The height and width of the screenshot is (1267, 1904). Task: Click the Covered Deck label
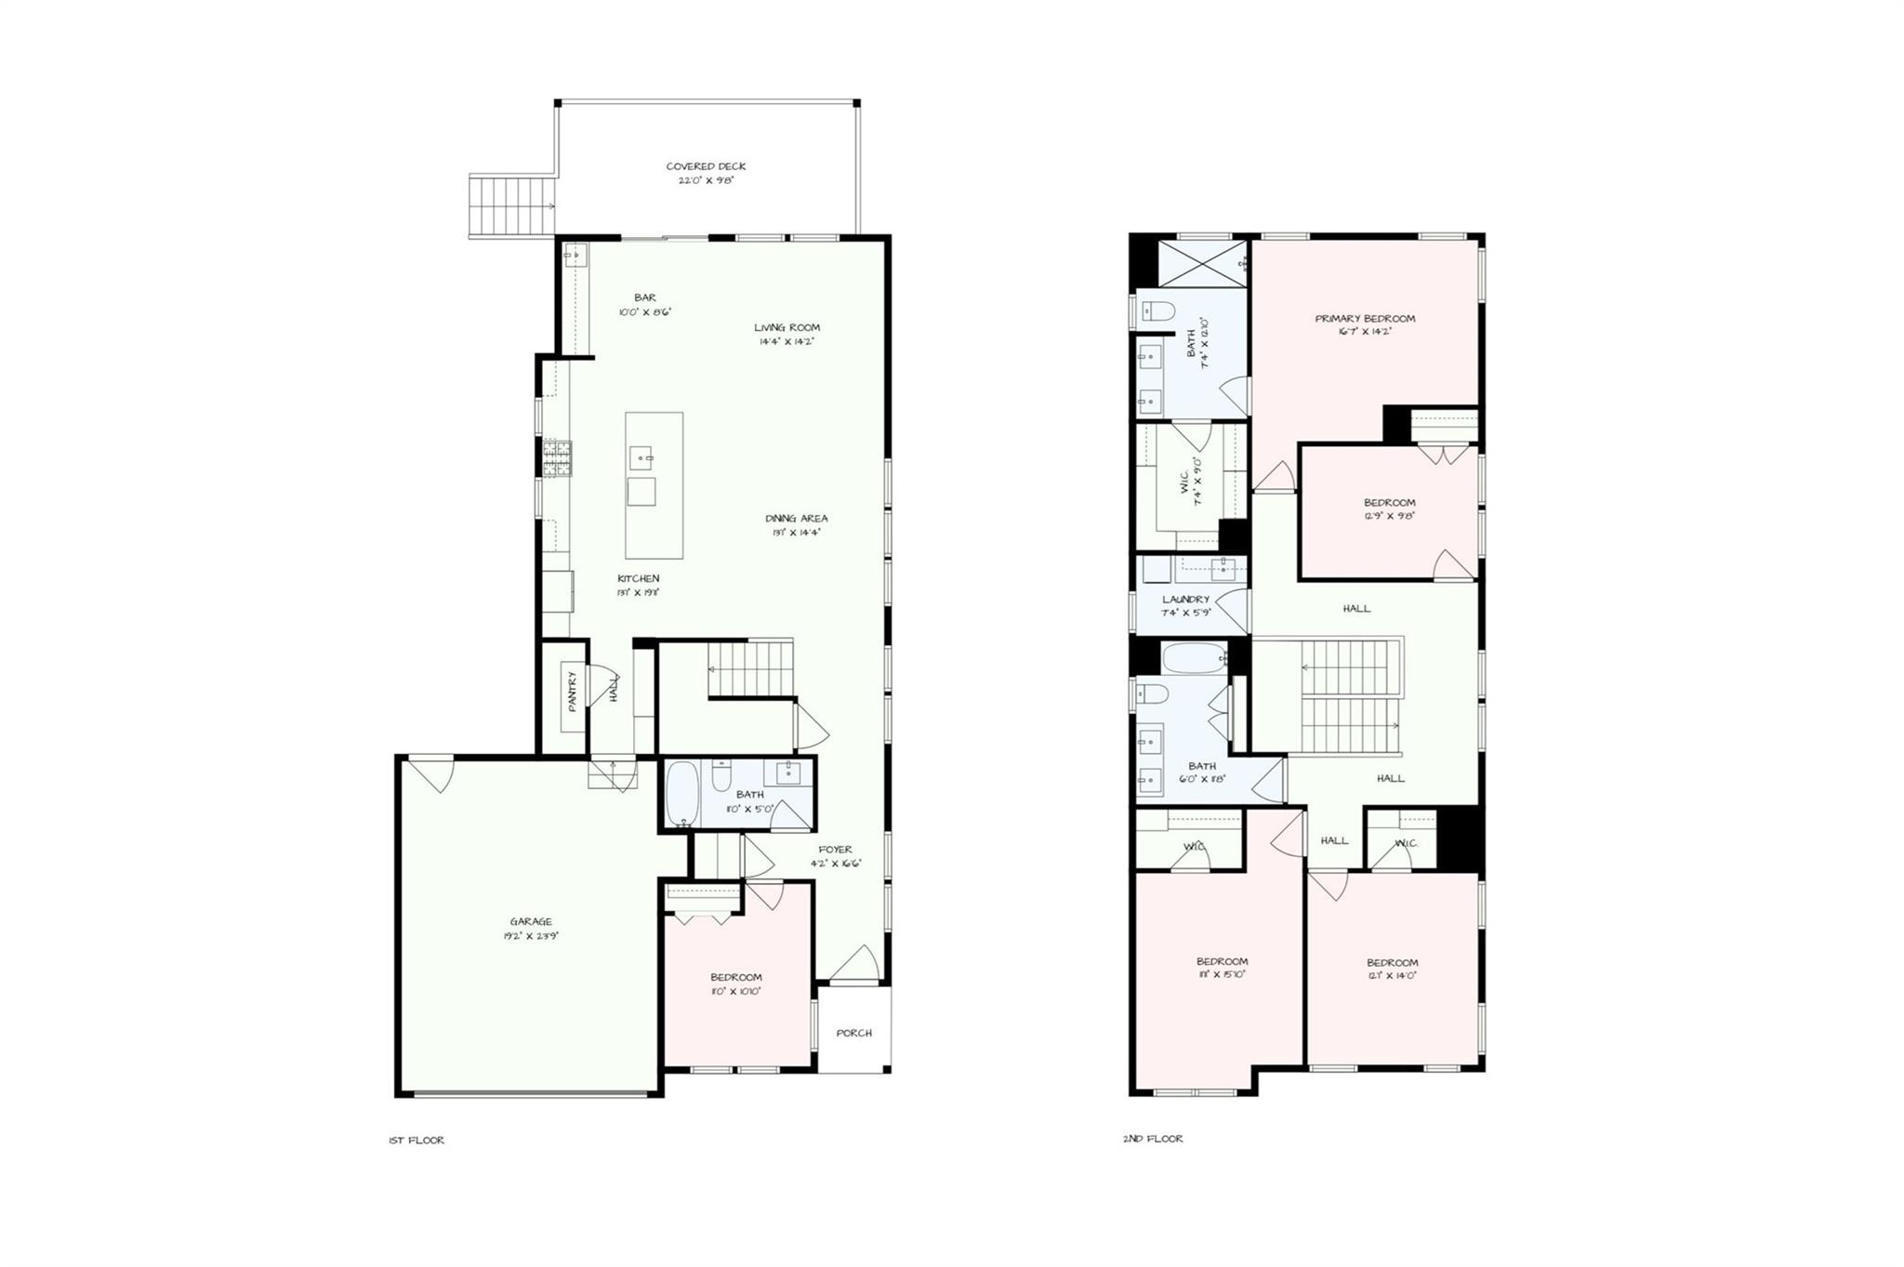click(706, 167)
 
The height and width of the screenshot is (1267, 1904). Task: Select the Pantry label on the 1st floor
click(573, 691)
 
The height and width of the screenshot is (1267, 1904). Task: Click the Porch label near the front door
click(853, 1033)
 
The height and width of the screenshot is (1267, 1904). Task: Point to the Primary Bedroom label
click(1365, 319)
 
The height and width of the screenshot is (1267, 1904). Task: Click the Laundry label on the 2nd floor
click(1185, 600)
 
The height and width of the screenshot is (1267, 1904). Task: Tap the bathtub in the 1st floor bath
click(683, 794)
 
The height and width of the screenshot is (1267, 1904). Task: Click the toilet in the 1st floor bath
click(721, 775)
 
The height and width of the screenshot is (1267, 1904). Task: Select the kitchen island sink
click(642, 458)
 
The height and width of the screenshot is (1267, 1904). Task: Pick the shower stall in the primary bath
click(1201, 264)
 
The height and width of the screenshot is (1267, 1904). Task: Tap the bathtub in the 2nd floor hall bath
click(1194, 658)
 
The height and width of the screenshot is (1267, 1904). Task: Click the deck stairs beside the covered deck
click(511, 205)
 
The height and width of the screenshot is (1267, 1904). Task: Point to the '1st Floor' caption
click(416, 1141)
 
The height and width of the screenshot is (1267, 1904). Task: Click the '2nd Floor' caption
click(1153, 1139)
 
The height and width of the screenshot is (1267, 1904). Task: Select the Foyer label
click(835, 850)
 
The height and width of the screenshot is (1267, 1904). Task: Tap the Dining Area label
click(797, 519)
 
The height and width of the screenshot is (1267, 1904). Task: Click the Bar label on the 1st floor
click(645, 298)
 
